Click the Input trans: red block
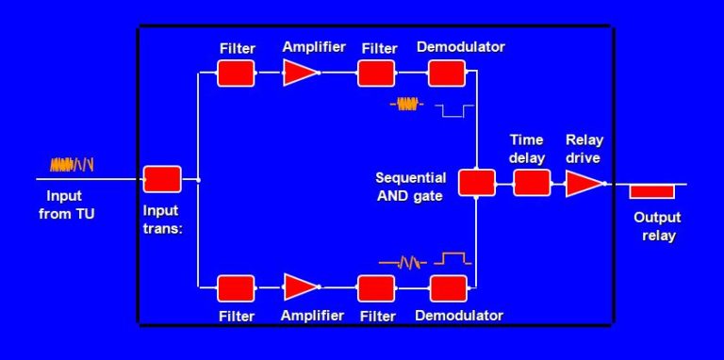(162, 179)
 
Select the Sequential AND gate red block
(477, 182)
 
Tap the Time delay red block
(531, 182)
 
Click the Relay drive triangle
(583, 183)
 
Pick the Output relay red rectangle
(652, 191)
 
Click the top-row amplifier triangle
(300, 74)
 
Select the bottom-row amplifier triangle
(300, 287)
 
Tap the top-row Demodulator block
(448, 74)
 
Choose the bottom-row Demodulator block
(448, 287)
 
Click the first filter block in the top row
(236, 74)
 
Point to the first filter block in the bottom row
(236, 287)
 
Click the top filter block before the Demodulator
(376, 74)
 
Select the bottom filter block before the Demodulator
(376, 287)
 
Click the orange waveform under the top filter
(406, 105)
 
